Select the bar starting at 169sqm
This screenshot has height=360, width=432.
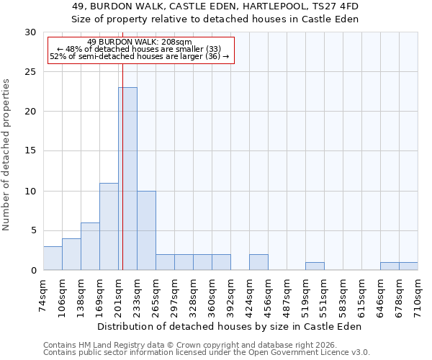(x=109, y=226)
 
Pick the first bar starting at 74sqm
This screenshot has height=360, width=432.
(x=53, y=258)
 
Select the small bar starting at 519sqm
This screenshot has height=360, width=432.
(x=315, y=266)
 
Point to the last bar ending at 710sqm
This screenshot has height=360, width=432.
(x=408, y=266)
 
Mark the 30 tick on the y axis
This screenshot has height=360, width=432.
(x=30, y=32)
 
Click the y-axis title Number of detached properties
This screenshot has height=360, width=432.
(x=7, y=155)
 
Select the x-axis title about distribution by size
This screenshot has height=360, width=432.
(x=230, y=326)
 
